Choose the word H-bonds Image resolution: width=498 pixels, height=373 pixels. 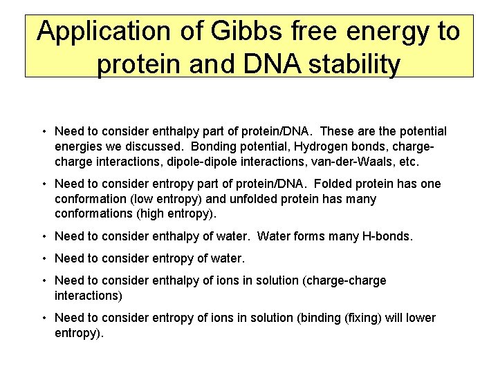click(387, 236)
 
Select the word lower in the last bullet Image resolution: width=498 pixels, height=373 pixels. click(421, 318)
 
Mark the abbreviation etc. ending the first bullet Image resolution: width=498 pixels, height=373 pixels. click(408, 162)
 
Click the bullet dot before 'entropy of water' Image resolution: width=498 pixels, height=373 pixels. click(44, 259)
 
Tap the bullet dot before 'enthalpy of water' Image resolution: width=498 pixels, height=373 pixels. click(44, 236)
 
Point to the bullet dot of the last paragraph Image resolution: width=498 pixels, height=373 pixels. click(44, 318)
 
